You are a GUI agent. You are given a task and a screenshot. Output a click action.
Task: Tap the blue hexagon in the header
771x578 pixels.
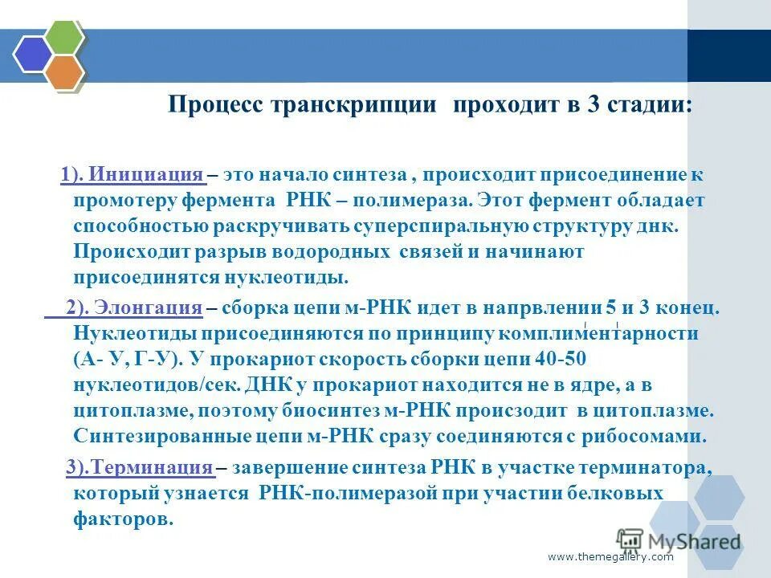pos(32,54)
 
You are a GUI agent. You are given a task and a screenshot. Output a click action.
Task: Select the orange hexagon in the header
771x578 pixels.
pos(63,71)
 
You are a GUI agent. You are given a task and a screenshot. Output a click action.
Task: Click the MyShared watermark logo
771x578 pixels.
pos(679,539)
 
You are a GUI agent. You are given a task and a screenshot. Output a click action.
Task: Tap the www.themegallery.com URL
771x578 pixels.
pos(610,557)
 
